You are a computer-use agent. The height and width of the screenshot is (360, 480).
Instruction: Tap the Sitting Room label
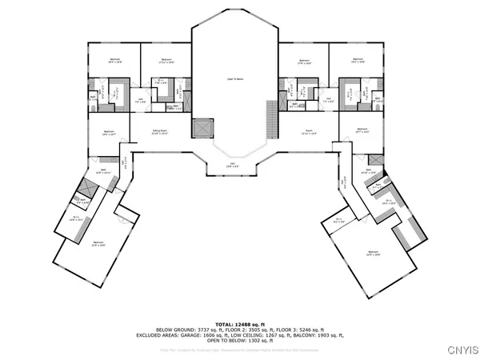pyautogui.click(x=160, y=133)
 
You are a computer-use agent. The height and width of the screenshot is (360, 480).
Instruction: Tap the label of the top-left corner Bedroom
pyautogui.click(x=113, y=62)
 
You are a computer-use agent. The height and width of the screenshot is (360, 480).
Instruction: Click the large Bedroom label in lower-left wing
pyautogui.click(x=98, y=244)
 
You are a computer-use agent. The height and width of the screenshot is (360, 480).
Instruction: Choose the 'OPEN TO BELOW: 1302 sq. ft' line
pyautogui.click(x=241, y=341)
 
